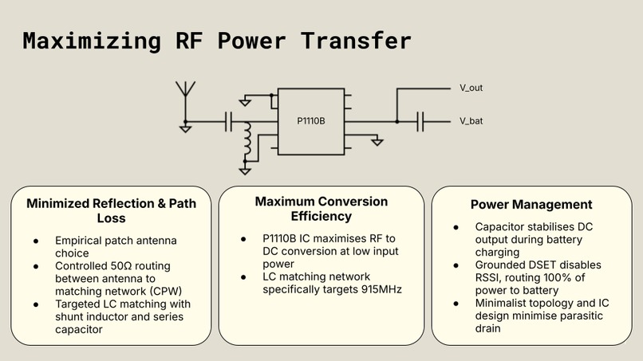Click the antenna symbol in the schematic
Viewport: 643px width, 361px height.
tap(185, 89)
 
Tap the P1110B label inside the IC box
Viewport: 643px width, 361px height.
tap(311, 121)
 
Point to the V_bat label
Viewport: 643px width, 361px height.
tap(471, 121)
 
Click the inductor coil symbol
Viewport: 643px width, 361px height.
tap(247, 140)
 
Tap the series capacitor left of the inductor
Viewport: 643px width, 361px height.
tap(229, 121)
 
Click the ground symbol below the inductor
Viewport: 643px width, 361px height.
tap(247, 169)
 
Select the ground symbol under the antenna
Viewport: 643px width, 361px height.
tap(185, 128)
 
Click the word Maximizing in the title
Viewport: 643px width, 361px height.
tap(88, 41)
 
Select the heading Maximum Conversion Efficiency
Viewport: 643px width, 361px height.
tap(321, 208)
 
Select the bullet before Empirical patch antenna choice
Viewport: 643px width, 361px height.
tap(36, 240)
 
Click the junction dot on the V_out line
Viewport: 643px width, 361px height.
tap(396, 121)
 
